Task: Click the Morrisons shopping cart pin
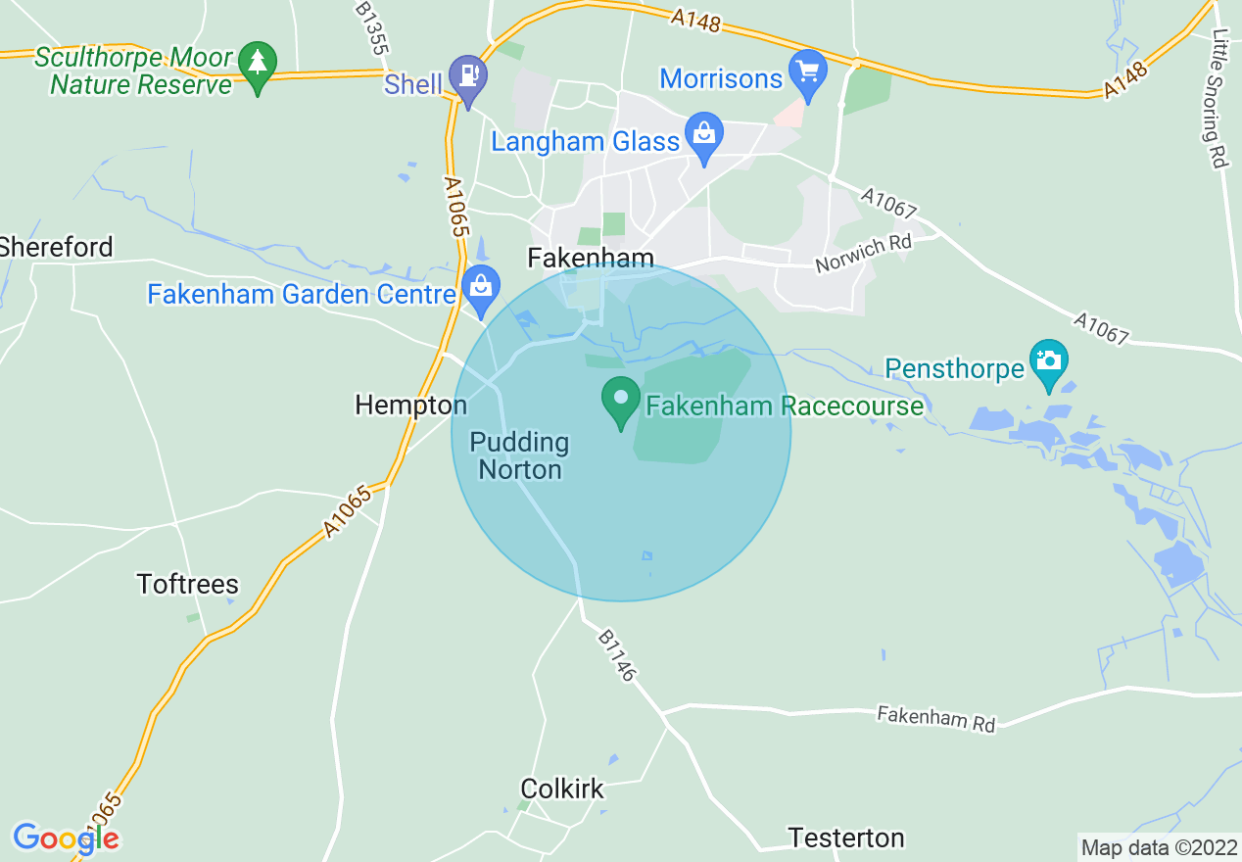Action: (x=808, y=72)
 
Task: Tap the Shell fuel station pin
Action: (x=468, y=75)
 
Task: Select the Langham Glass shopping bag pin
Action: (x=703, y=135)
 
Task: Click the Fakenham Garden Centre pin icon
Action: (x=480, y=288)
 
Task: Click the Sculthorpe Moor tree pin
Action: (x=258, y=65)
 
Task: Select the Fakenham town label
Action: (x=591, y=258)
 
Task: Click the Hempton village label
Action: (x=411, y=405)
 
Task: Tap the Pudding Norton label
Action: (x=519, y=456)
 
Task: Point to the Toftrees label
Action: (x=188, y=585)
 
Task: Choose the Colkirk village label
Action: (x=562, y=789)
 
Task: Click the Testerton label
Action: (x=846, y=838)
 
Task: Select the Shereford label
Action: (x=57, y=247)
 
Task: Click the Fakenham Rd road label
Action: (x=935, y=718)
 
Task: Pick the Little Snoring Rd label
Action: (x=1219, y=98)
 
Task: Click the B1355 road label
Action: (x=372, y=28)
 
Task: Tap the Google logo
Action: (x=66, y=838)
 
